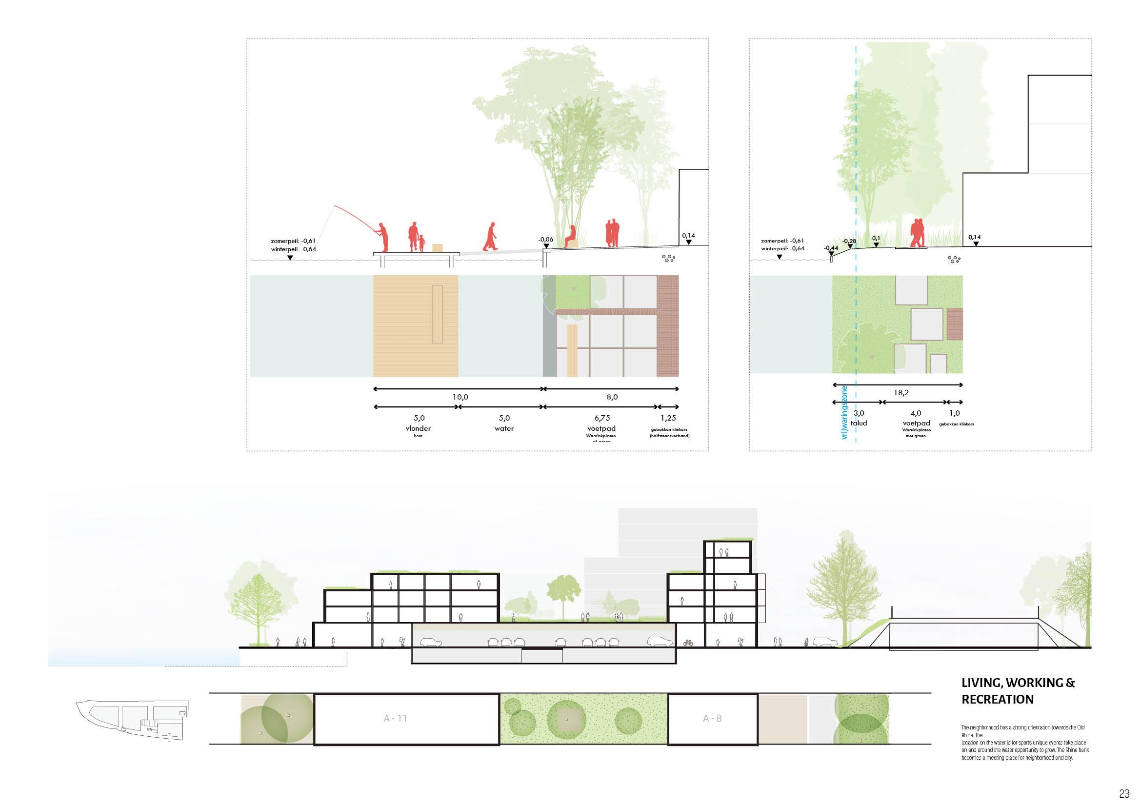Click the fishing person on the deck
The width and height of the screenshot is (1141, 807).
[381, 237]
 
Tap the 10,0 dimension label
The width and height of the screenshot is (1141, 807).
[460, 397]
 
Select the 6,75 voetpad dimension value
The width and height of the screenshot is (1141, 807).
[602, 418]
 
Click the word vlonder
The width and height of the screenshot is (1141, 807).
[418, 428]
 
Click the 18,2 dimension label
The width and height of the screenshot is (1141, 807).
[901, 393]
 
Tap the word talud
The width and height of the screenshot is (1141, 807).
[859, 423]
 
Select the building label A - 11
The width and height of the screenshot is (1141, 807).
[395, 718]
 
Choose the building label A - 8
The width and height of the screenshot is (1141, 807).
[712, 718]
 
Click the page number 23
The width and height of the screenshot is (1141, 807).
[1124, 794]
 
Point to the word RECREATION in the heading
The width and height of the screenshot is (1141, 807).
[998, 699]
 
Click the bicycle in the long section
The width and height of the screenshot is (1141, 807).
[688, 643]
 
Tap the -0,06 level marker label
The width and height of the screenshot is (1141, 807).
[546, 240]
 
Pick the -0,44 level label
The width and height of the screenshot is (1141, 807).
[831, 248]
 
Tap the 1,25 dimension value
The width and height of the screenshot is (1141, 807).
[668, 418]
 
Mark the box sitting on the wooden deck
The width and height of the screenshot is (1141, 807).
[437, 248]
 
